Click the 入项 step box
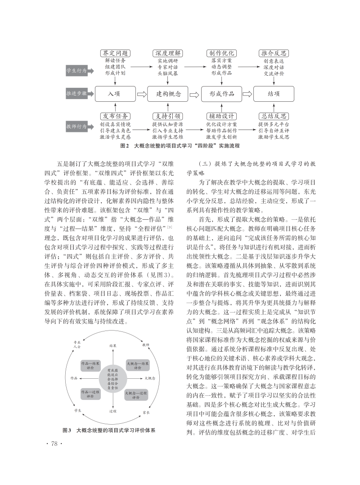pos(116,94)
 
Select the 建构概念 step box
pos(168,94)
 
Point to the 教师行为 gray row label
pos(76,127)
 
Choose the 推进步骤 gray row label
pos(76,94)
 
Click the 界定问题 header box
pos(116,53)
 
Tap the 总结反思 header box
pos(273,116)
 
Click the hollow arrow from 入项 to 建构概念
pos(142,94)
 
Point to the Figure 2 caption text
pos(180,146)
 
